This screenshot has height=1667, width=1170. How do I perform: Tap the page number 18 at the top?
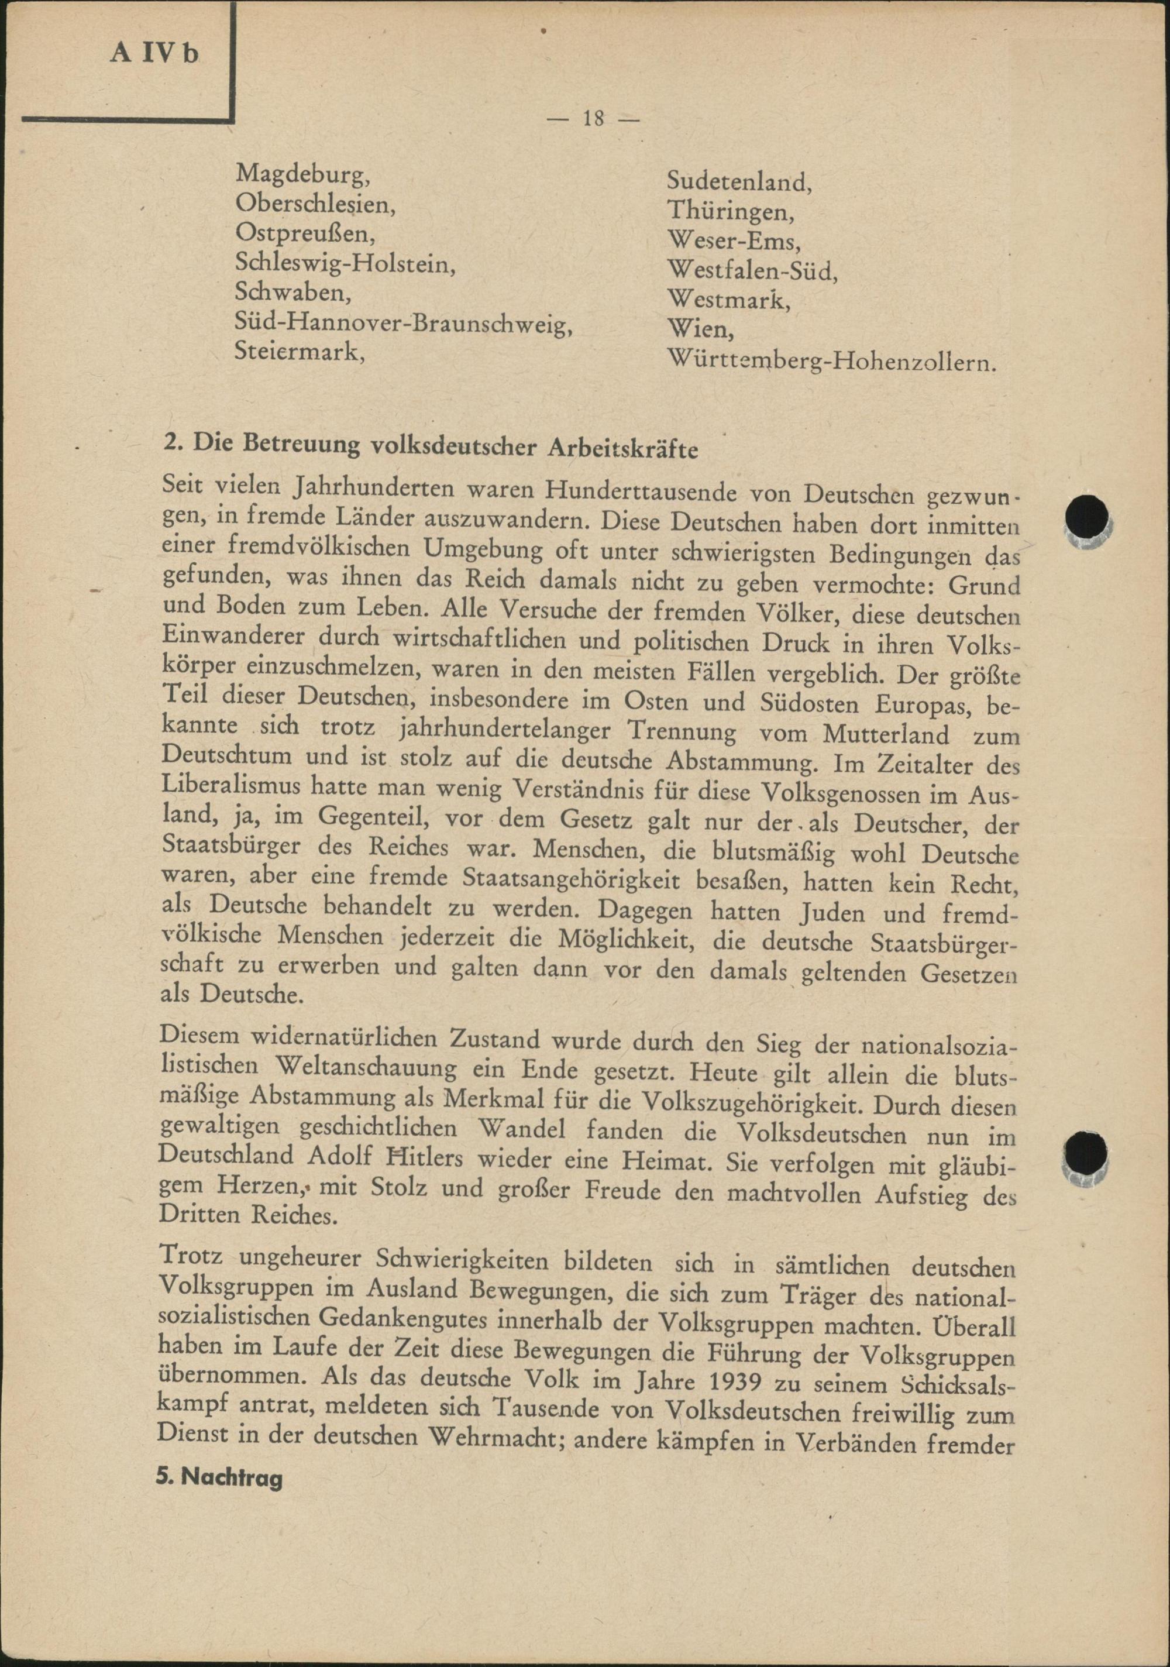click(x=593, y=118)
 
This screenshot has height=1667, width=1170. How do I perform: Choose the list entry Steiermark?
click(x=300, y=352)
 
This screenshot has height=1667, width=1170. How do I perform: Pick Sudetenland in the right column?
click(x=739, y=181)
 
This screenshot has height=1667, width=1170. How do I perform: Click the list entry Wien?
click(x=700, y=331)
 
